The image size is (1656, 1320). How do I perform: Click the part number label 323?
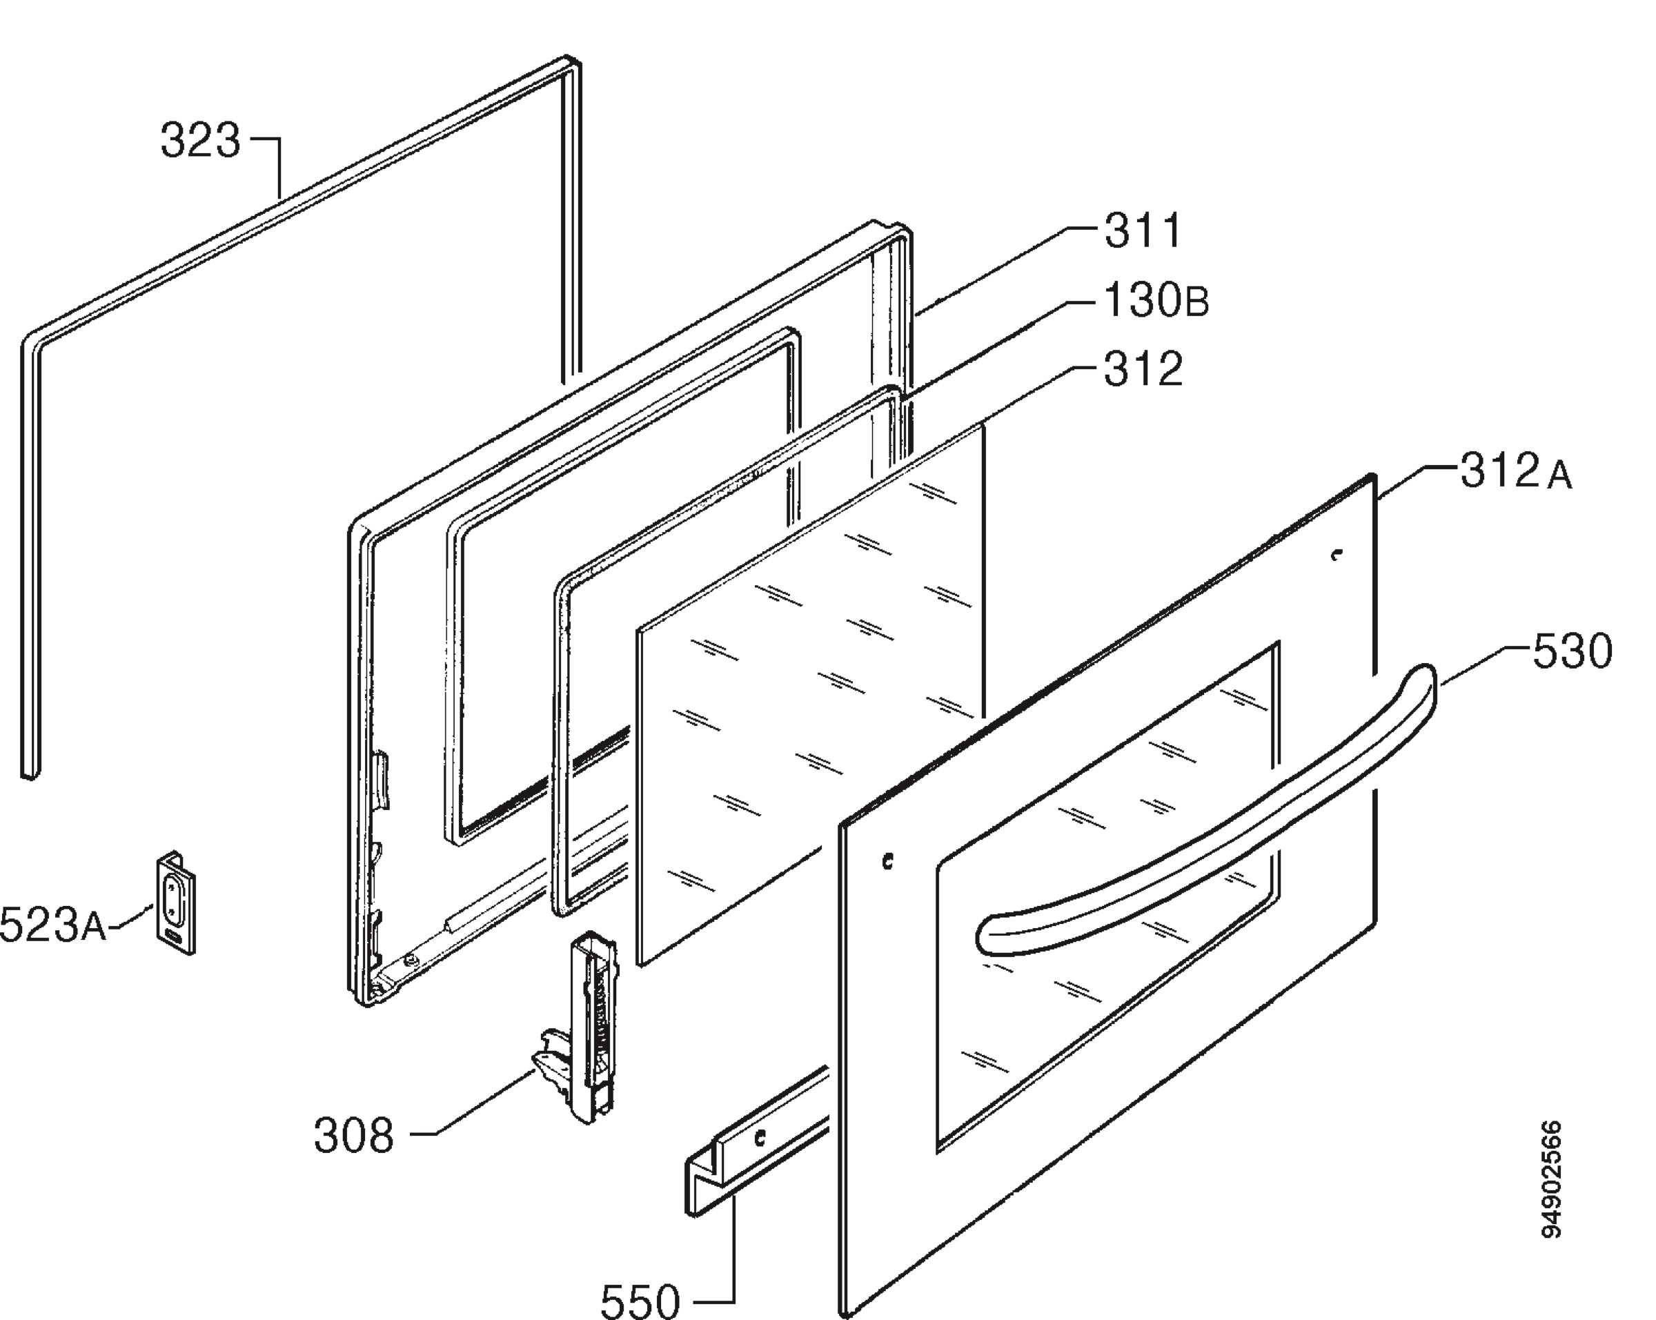(x=201, y=141)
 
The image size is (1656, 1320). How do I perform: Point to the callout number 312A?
(x=1515, y=471)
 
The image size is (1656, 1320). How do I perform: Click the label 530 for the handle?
(x=1573, y=653)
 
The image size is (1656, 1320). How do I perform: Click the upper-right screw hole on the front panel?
(x=1337, y=554)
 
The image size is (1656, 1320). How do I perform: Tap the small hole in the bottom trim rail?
(x=760, y=1137)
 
